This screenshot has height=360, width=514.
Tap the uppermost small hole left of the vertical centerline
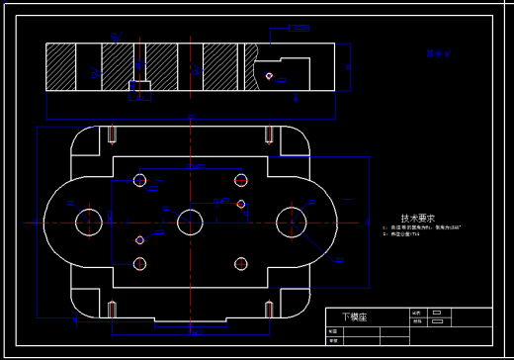(140, 181)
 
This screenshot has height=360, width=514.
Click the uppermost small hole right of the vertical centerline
(240, 180)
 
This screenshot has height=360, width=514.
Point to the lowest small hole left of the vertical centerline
(140, 264)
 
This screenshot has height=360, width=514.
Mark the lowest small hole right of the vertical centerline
(240, 263)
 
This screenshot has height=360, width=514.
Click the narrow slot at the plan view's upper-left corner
(114, 135)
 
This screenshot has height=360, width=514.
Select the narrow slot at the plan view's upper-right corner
(267, 135)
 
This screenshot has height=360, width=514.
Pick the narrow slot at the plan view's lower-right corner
(267, 308)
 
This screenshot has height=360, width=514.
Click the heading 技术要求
(418, 219)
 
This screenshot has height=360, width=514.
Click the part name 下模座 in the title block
(354, 317)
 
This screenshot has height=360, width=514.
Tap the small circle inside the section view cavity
(269, 75)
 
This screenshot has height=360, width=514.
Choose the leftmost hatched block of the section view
(61, 67)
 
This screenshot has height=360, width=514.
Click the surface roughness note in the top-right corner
(438, 54)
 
